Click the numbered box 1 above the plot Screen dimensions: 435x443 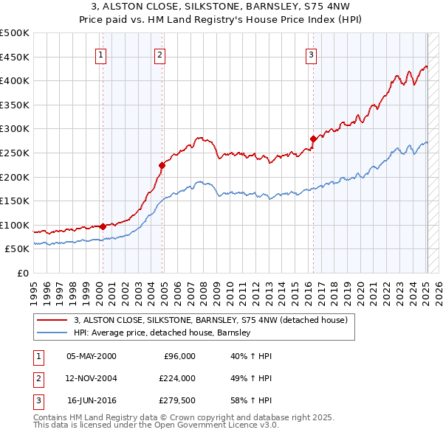tap(100, 54)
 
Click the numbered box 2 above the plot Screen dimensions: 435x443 tap(160, 54)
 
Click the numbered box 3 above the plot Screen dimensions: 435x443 tap(312, 54)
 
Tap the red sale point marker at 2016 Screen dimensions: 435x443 tap(313, 139)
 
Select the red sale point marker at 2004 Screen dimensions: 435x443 tap(162, 165)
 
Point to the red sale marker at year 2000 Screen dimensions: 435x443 tap(103, 226)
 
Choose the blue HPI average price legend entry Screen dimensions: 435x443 tap(162, 333)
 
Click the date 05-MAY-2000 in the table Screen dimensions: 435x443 tap(92, 356)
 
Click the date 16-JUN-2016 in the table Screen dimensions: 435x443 tap(92, 400)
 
